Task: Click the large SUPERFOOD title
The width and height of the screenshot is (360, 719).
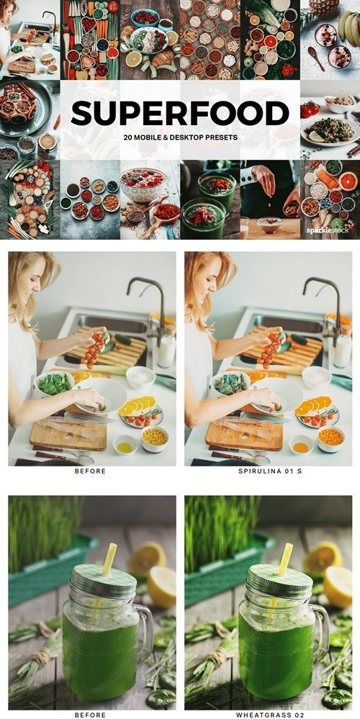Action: point(180,113)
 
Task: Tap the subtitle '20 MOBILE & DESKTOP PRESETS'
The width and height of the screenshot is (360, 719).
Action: point(180,137)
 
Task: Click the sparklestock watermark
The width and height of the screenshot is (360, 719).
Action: point(328,230)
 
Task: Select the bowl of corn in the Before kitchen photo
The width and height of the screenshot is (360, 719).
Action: point(155,438)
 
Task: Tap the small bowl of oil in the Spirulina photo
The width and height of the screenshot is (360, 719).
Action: point(300,445)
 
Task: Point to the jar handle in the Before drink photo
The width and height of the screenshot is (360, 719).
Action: point(144,632)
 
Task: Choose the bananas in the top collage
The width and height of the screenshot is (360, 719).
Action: point(349,26)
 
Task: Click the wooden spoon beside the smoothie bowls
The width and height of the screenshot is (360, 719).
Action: point(317,58)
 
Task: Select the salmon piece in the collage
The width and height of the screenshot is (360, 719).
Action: point(327,179)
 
